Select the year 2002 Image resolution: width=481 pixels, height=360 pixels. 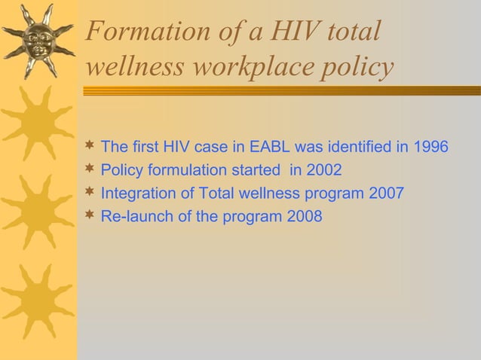pyautogui.click(x=325, y=169)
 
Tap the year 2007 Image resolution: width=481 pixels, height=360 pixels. pyautogui.click(x=387, y=194)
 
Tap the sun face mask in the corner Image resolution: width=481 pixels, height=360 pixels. pyautogui.click(x=38, y=38)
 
